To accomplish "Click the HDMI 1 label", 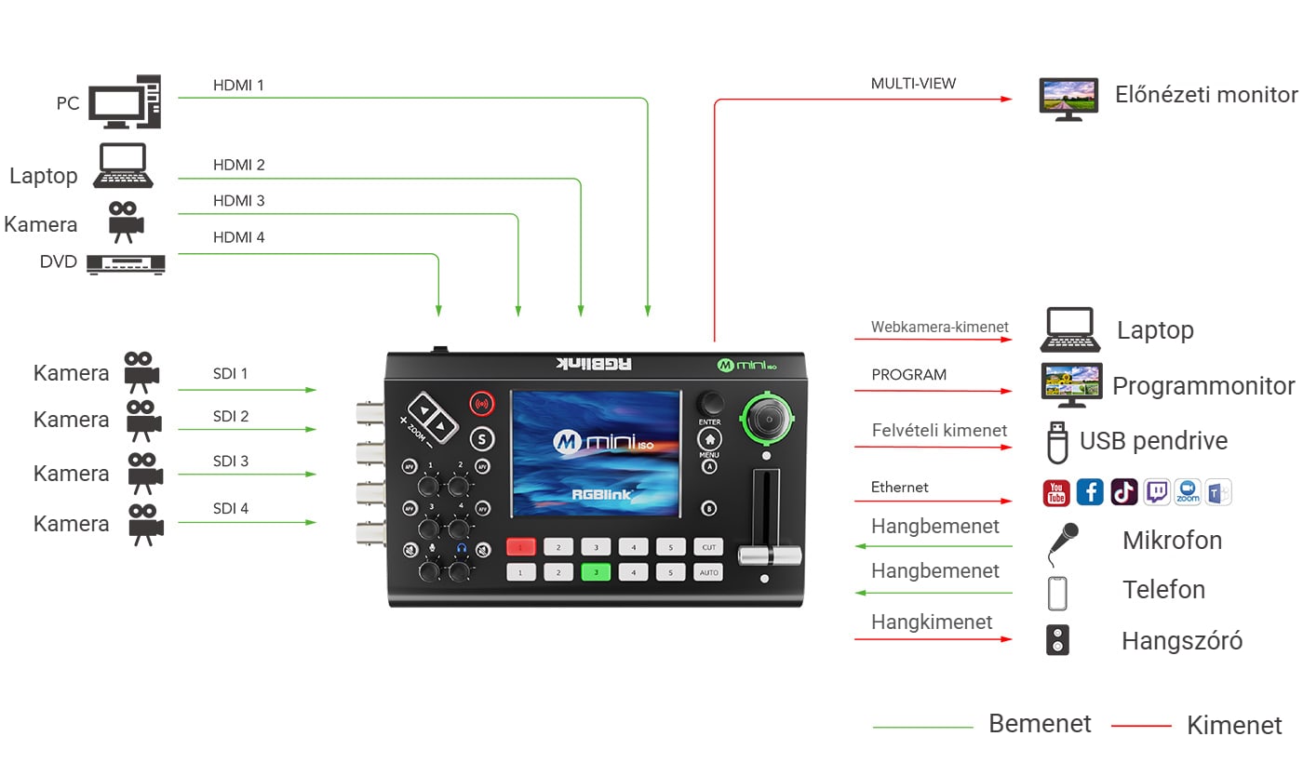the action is point(238,86).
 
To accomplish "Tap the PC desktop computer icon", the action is point(125,101).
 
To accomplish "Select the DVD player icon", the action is point(126,264).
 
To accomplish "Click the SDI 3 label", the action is point(231,462).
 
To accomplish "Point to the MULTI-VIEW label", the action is point(913,84).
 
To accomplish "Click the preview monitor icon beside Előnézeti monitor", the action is point(1069,100).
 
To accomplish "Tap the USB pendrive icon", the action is point(1057,443).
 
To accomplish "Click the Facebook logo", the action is point(1090,492).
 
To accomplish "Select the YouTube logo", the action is point(1056,493).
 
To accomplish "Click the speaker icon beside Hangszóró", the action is point(1057,640).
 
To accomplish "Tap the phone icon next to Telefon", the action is point(1057,594).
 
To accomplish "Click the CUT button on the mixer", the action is point(708,547).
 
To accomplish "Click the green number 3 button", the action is point(597,572).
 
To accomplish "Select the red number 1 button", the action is point(520,547).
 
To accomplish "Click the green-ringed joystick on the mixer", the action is point(768,419).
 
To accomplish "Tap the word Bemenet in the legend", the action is point(1041,724).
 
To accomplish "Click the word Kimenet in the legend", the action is point(1234,726).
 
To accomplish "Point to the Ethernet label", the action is point(899,488).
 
